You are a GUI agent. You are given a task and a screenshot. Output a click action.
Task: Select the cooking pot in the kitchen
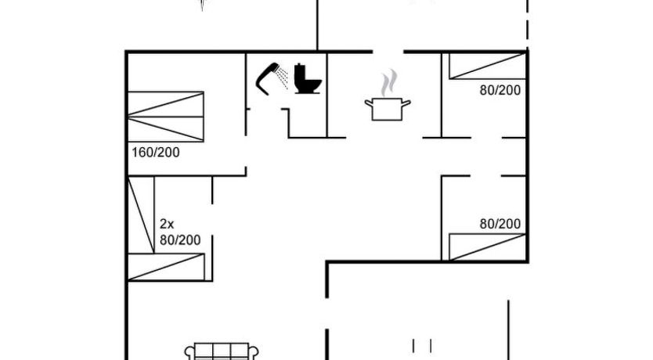pyautogui.click(x=386, y=109)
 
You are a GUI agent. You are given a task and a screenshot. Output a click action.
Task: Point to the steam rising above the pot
pyautogui.click(x=388, y=82)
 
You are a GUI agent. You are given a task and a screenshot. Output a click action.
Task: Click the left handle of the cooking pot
pyautogui.click(x=367, y=101)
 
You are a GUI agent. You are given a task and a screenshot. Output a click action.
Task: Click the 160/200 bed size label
pyautogui.click(x=156, y=153)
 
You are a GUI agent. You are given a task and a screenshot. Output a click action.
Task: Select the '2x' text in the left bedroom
pyautogui.click(x=166, y=223)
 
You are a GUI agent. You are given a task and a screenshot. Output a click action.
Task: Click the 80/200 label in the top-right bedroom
pyautogui.click(x=500, y=90)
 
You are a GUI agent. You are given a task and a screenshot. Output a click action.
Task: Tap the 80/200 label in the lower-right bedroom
pyautogui.click(x=500, y=224)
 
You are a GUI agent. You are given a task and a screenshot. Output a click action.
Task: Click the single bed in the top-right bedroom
pyautogui.click(x=485, y=66)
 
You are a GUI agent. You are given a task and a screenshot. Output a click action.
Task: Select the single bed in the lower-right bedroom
pyautogui.click(x=485, y=247)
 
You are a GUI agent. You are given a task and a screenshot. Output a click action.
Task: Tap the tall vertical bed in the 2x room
pyautogui.click(x=141, y=213)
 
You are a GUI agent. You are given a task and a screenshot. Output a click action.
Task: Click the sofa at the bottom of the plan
pyautogui.click(x=222, y=351)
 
